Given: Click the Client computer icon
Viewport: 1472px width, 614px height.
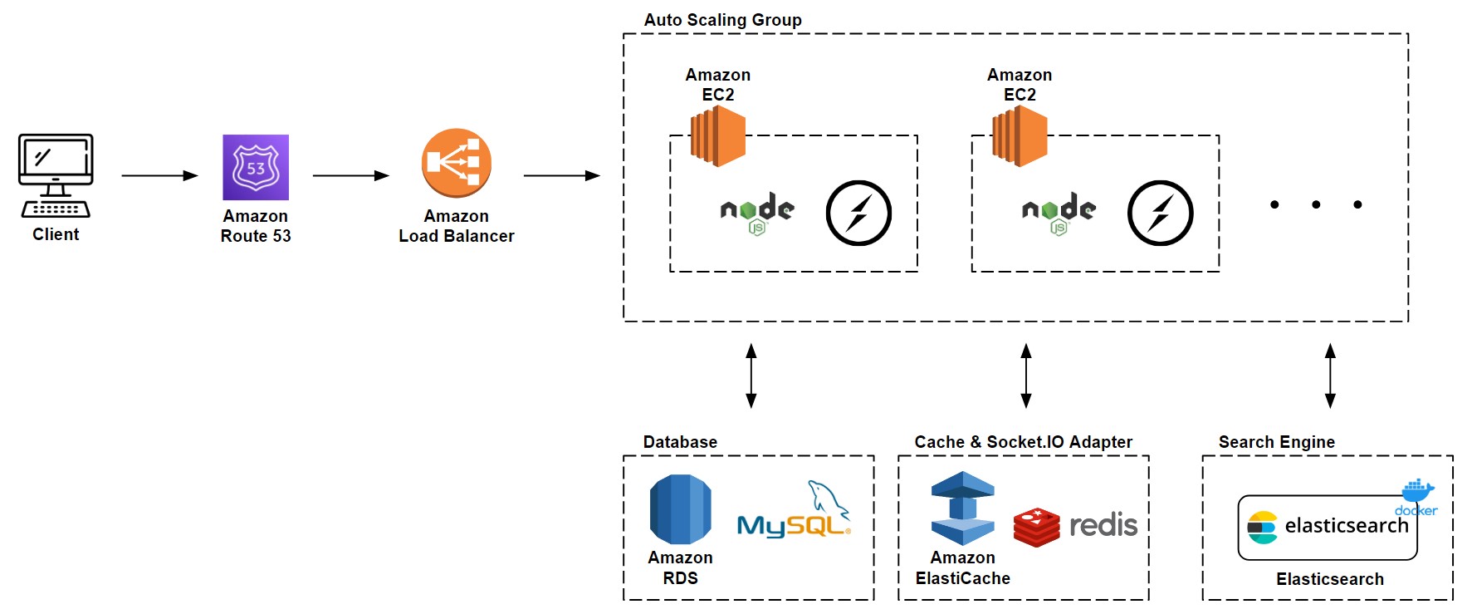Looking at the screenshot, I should pos(56,175).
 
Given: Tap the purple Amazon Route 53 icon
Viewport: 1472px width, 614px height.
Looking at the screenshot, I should pos(256,167).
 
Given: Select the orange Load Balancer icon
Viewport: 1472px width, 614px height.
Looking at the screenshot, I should pos(456,163).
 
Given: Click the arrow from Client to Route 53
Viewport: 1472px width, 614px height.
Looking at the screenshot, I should pos(159,176).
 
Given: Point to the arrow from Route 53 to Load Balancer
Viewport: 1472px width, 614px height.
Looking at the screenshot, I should pos(350,176).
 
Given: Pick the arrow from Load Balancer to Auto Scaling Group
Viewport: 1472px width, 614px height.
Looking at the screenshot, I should pos(561,176).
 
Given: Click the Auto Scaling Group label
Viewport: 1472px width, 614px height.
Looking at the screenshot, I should pos(722,20).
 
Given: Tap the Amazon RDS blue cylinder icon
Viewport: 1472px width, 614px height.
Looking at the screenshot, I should pos(680,509).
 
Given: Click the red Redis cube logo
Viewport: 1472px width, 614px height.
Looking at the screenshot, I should pos(1036,527).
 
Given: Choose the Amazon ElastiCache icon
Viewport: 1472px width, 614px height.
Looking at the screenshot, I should pos(962,508).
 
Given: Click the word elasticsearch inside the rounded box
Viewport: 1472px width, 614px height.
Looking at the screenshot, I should pos(1346,526).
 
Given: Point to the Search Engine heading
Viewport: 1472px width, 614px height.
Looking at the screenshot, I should pos(1276,442).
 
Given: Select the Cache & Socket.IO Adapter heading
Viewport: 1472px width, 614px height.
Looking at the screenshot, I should pos(1023,442).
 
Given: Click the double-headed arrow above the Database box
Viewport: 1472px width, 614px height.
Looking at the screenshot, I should pos(751,376).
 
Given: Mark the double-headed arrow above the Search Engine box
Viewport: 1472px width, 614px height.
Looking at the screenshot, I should pos(1330,376).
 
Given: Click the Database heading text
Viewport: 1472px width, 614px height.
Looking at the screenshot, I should pos(680,442).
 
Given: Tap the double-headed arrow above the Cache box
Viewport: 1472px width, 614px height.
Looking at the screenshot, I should pos(1026,376).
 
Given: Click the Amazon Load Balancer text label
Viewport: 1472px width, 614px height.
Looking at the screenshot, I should pos(456,226).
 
